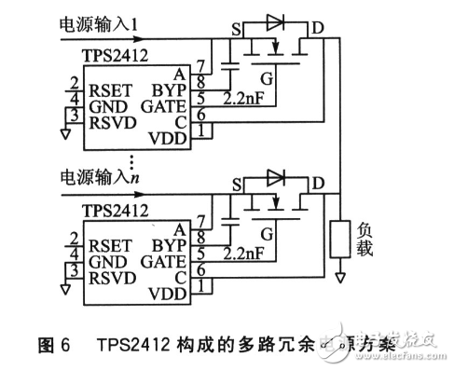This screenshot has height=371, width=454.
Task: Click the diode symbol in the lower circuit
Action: [x=274, y=175]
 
